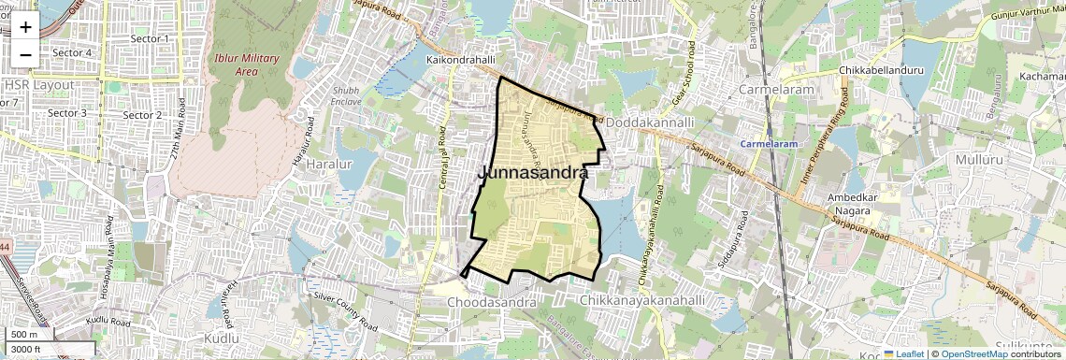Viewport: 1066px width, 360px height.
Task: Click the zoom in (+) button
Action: (25, 27)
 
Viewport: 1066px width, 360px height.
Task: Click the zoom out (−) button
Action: (25, 54)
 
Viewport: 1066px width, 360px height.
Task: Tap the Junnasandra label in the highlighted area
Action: (533, 173)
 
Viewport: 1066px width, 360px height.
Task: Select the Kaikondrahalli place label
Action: (459, 60)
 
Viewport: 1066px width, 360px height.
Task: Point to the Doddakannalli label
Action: (650, 122)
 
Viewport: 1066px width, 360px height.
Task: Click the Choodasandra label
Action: (491, 303)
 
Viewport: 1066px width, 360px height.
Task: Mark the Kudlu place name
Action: (222, 338)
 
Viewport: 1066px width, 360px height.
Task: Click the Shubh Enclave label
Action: (346, 96)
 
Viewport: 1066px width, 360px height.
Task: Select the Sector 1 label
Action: (150, 38)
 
